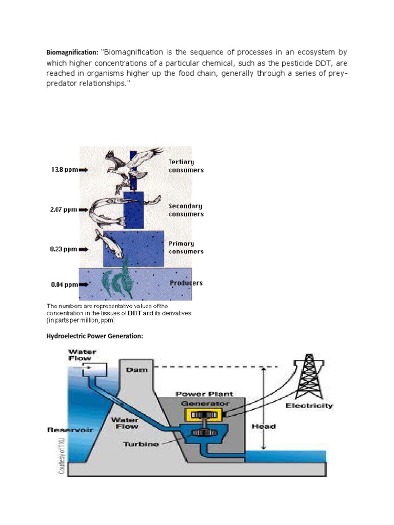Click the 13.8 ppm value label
(x=63, y=170)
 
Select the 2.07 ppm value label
(x=63, y=210)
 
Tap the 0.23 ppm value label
(x=63, y=249)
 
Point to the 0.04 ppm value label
(x=64, y=285)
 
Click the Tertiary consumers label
(x=186, y=166)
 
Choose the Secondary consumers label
(x=186, y=210)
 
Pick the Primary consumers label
(x=186, y=248)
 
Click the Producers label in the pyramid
(x=186, y=283)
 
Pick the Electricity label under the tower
(x=309, y=406)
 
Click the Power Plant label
(x=204, y=394)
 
